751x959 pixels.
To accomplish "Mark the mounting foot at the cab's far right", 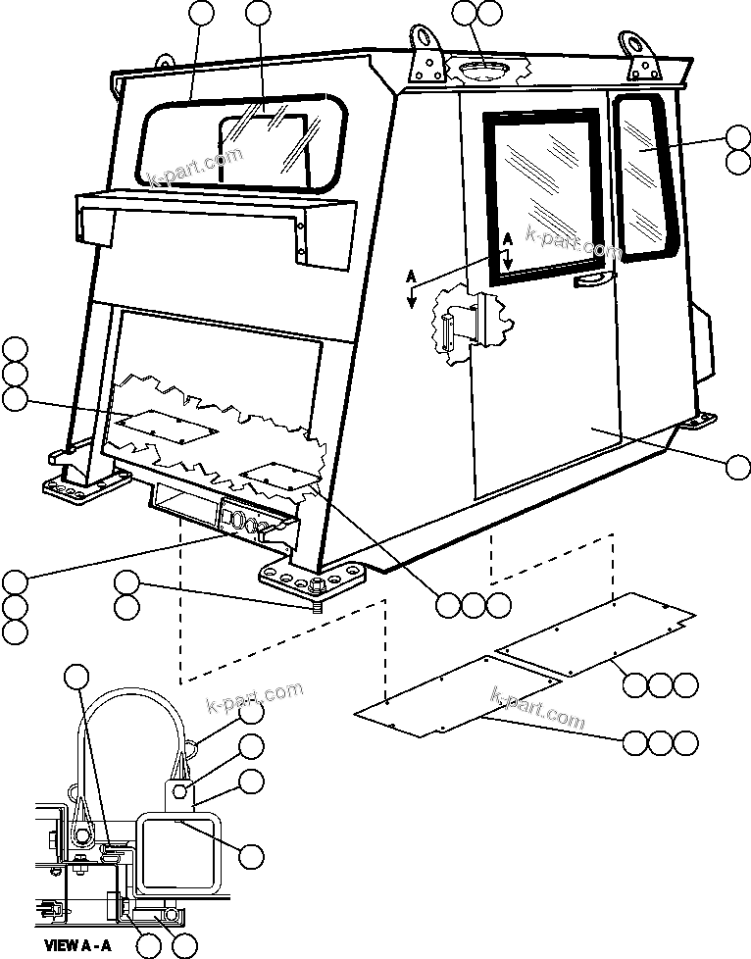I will tap(698, 422).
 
